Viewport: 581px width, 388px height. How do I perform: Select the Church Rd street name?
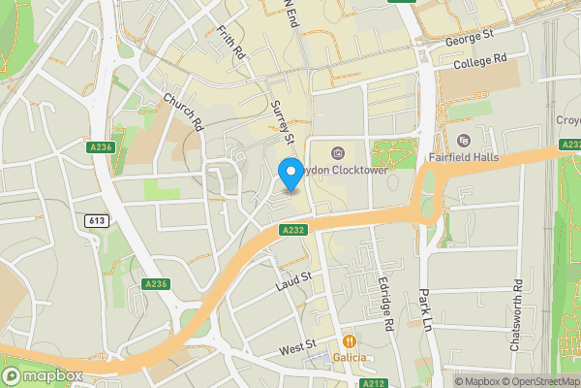coord(183,112)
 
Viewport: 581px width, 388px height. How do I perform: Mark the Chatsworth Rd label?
coord(517,316)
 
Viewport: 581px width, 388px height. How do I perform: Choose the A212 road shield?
coord(372,383)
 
